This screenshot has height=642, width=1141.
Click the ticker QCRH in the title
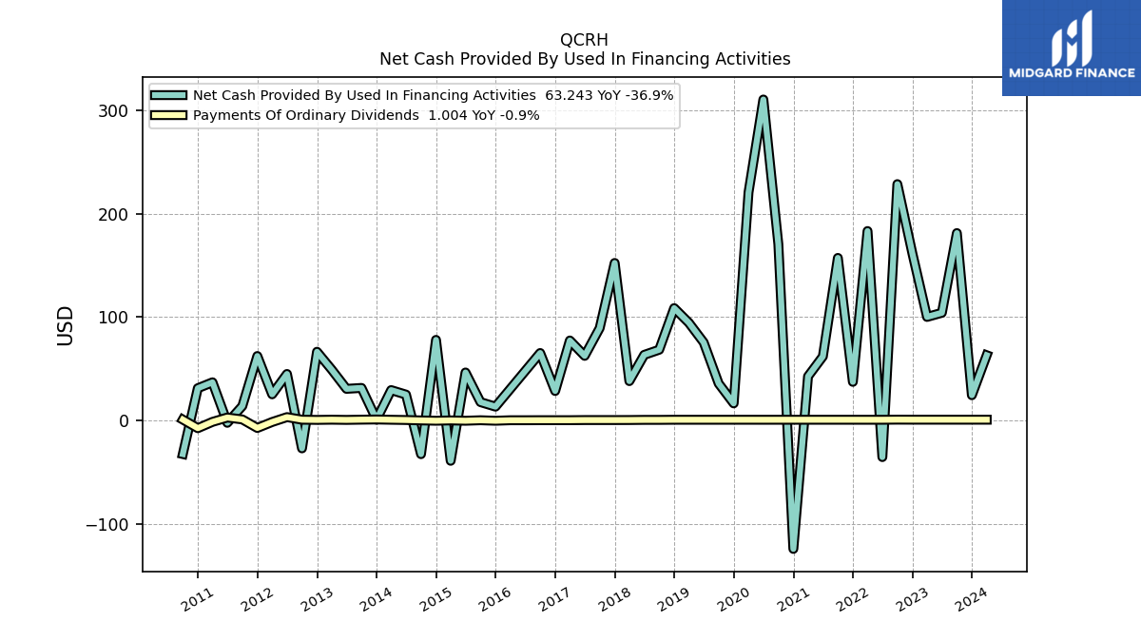[584, 40]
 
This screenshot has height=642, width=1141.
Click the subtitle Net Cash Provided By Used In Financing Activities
[585, 59]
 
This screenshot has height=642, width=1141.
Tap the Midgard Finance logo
[1072, 48]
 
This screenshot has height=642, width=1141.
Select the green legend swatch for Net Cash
[168, 95]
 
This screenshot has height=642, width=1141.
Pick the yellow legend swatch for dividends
[168, 115]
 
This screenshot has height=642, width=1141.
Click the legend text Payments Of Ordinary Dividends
[305, 116]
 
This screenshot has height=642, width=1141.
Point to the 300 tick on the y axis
[113, 111]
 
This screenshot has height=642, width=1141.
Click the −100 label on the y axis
[106, 524]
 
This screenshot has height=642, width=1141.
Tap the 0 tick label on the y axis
[124, 420]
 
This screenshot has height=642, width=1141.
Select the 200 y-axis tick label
[113, 215]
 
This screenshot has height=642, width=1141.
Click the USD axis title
[66, 326]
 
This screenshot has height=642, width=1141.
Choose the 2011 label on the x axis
[197, 600]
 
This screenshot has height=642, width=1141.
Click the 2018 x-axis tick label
[614, 600]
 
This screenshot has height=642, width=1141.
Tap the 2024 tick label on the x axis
[971, 600]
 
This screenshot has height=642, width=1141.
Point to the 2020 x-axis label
[733, 600]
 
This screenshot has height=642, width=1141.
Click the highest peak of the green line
[763, 99]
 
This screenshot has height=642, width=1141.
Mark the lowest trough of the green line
[793, 550]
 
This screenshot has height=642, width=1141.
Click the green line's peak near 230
[897, 184]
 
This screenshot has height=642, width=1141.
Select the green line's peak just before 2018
[614, 263]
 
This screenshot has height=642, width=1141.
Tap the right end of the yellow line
[990, 419]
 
